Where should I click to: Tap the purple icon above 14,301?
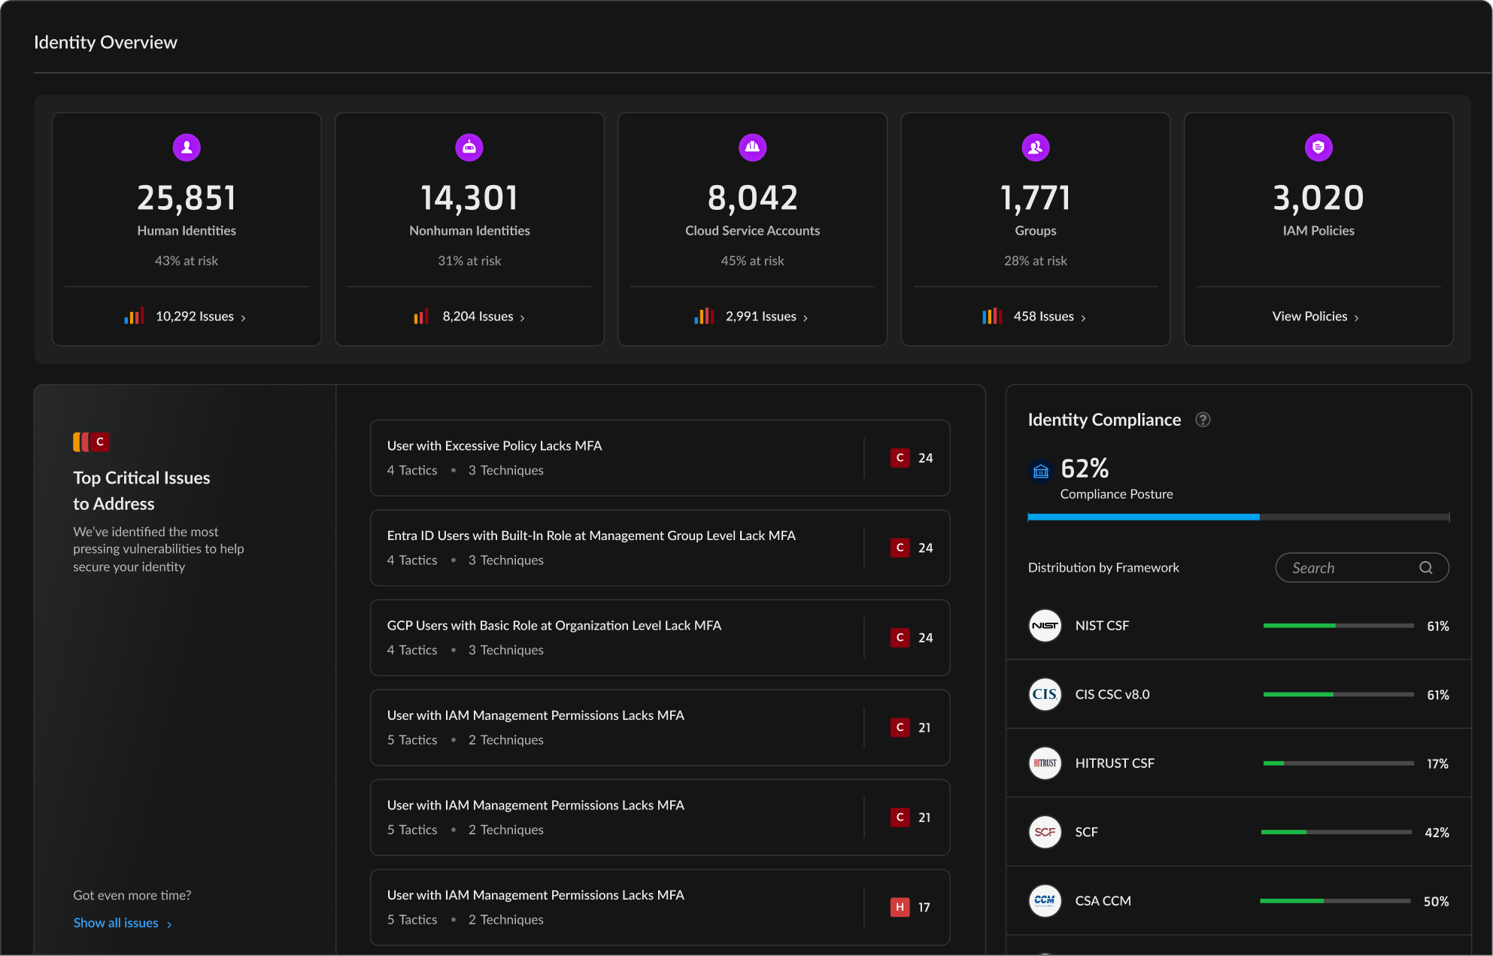pos(469,147)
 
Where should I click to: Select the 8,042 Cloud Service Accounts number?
pos(752,199)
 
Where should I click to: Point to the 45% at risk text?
pos(752,261)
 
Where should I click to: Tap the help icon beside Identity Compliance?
pos(1203,420)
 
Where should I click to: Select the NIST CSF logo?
pos(1045,626)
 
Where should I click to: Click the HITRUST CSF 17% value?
pos(1437,764)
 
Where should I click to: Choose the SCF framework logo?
pos(1045,832)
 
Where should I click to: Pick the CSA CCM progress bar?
pos(1335,901)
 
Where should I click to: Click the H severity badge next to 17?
pos(900,907)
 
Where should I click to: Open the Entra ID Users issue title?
pos(591,536)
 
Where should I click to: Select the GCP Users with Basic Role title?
pos(554,626)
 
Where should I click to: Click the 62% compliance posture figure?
pos(1085,469)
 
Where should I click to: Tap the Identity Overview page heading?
pos(105,43)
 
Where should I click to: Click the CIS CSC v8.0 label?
pos(1112,695)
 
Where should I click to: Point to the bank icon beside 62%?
pos(1040,472)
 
